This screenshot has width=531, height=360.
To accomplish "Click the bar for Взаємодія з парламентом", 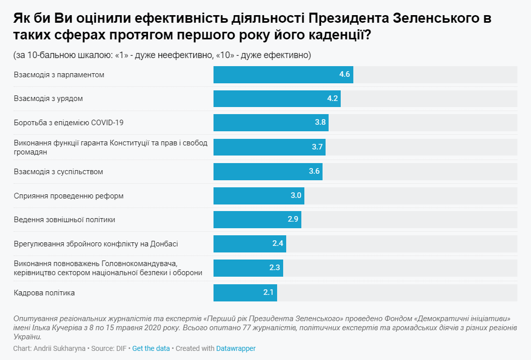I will pos(283,74).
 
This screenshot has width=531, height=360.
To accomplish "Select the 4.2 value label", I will pos(332,98).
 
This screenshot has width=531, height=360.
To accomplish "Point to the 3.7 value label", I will pos(317,147).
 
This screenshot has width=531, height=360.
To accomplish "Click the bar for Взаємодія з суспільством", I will pos(268,171).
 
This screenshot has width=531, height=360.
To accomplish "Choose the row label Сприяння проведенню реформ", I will pos(69,195).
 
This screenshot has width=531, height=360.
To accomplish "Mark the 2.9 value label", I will pos(293,220).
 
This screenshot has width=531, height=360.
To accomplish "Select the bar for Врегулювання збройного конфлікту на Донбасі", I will pos(249,244).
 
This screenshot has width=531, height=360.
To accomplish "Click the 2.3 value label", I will pos(275,268).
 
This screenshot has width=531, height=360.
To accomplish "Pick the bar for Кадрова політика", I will pos(245,292).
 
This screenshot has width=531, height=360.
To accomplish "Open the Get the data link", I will pos(151,348).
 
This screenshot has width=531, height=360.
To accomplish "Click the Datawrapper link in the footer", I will pos(236,348).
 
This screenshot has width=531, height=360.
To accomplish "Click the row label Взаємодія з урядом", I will pos(48,98).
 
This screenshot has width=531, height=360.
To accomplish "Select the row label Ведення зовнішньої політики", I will pos(65,220).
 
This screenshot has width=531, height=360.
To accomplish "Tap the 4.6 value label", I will pos(344,74).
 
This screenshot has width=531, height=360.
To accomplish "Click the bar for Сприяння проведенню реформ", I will pos(258,195).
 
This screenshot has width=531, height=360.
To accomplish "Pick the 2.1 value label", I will pos(269,292).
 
